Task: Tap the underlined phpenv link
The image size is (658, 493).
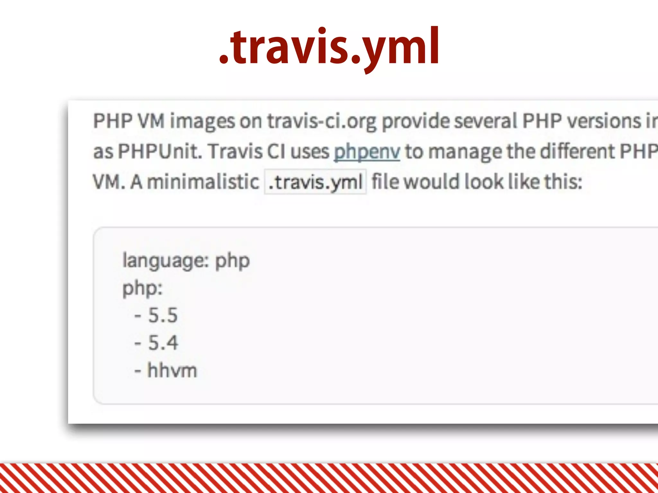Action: tap(367, 151)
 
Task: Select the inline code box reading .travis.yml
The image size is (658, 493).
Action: tap(315, 182)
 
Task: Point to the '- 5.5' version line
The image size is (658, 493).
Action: tap(156, 315)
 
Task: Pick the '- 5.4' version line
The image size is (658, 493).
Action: tap(156, 342)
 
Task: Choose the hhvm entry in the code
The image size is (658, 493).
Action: tap(172, 370)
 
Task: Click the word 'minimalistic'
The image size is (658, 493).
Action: tap(203, 182)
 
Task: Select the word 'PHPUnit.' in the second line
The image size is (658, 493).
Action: tap(160, 151)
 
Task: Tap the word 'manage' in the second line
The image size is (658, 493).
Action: tap(465, 152)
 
